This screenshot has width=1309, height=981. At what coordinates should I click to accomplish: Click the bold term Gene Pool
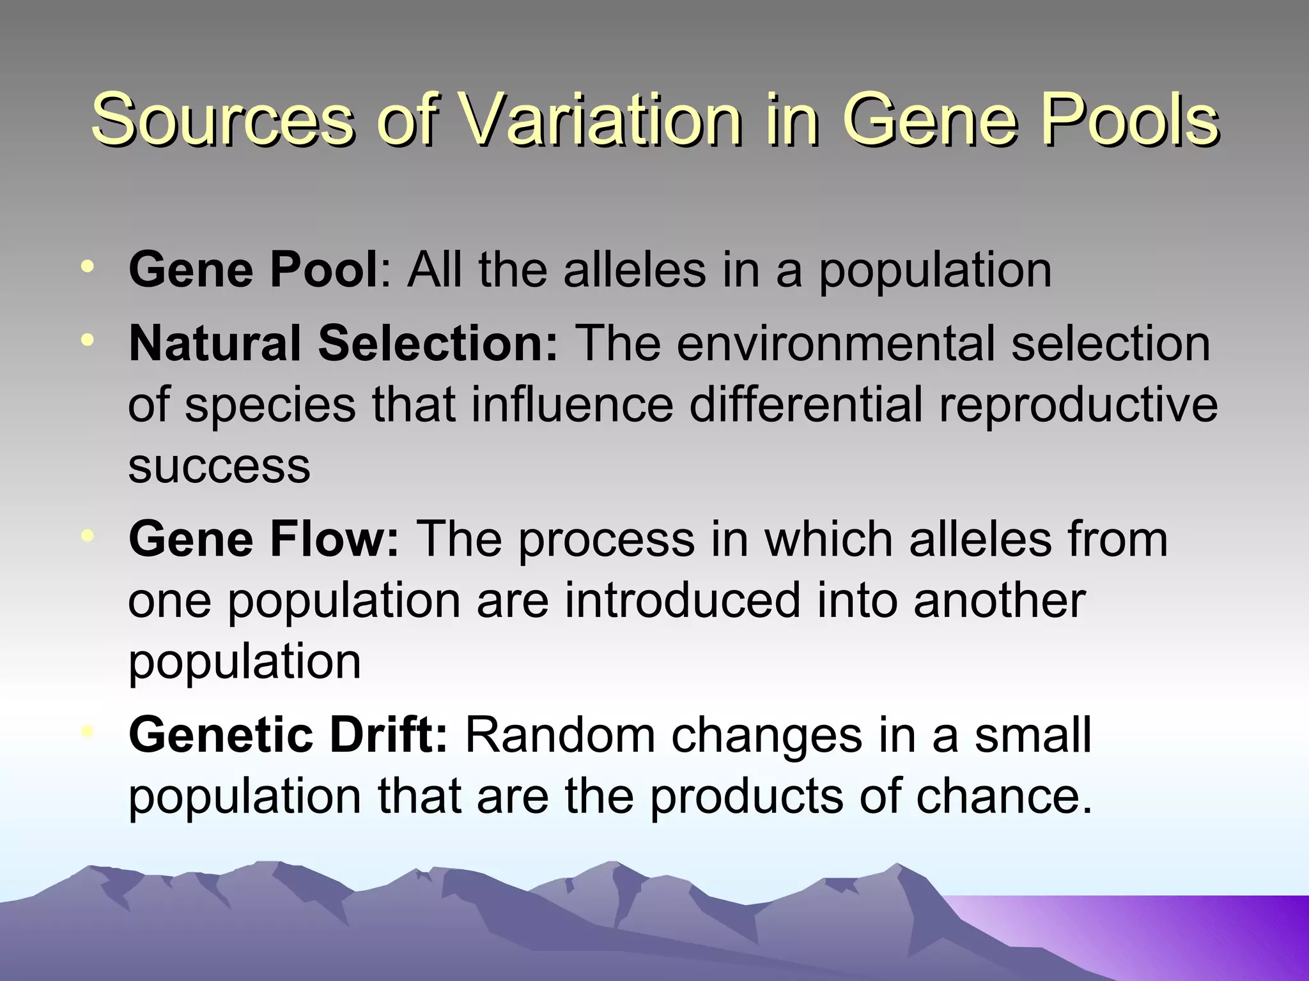[254, 270]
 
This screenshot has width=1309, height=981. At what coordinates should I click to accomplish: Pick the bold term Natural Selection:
[343, 344]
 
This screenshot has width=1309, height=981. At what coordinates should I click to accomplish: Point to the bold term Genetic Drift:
[288, 736]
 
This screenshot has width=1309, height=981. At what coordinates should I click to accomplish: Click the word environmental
[834, 344]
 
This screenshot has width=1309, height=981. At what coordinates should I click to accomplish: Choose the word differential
[805, 405]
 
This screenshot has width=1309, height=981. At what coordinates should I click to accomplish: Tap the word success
[219, 466]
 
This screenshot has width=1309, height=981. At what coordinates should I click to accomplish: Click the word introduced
[682, 601]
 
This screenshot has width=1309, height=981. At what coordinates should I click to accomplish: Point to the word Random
[559, 736]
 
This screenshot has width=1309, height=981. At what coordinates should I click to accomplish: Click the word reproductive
[1078, 405]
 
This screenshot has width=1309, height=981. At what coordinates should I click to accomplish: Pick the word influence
[572, 405]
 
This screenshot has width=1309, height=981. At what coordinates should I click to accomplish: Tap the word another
[999, 601]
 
